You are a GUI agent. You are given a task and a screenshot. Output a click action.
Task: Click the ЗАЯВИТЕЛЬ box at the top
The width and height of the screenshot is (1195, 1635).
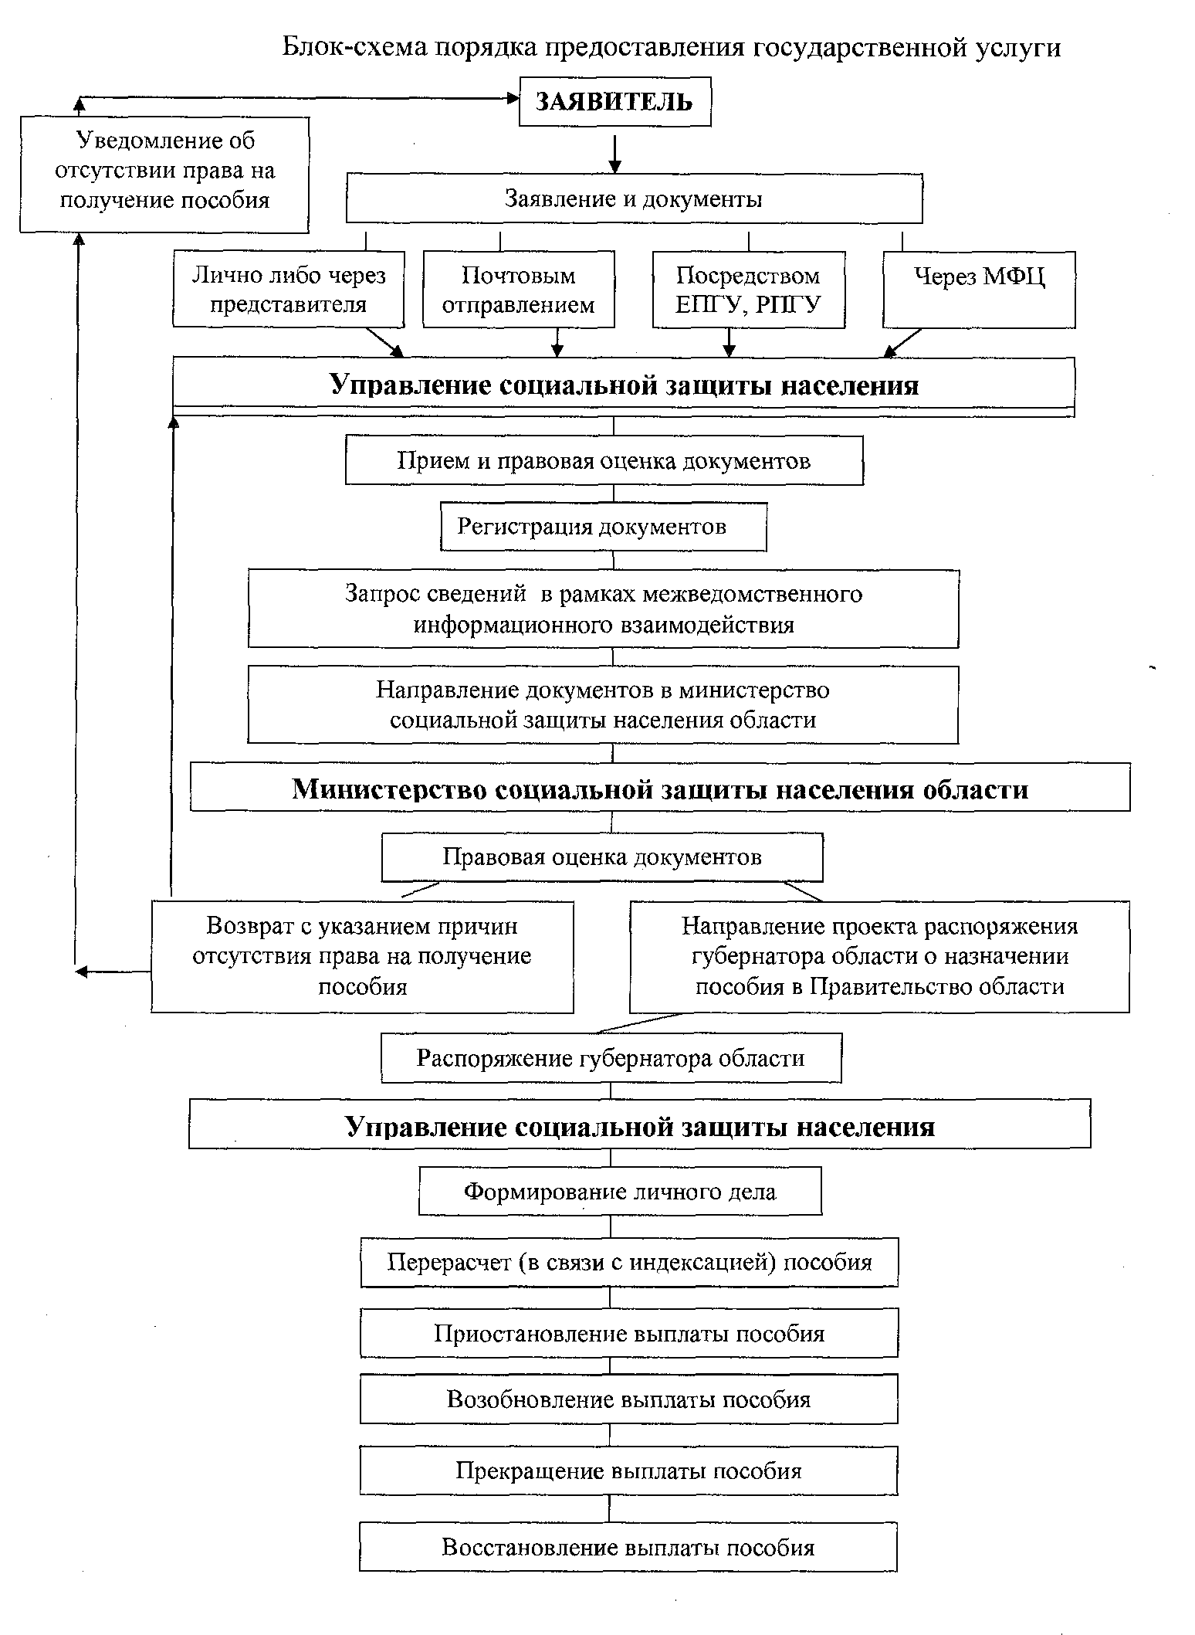click(x=614, y=101)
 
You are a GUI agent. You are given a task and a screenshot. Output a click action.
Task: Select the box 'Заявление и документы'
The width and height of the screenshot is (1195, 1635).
click(x=634, y=198)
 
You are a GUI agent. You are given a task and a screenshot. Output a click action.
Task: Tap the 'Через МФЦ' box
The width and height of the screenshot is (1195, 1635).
click(x=979, y=289)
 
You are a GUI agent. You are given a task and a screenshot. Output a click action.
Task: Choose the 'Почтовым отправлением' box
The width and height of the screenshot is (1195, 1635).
click(x=519, y=289)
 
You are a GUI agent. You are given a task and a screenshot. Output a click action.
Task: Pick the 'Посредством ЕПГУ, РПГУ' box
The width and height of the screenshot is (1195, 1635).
click(x=749, y=289)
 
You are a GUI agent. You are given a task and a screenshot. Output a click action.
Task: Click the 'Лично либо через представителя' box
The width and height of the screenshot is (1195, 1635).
click(x=289, y=289)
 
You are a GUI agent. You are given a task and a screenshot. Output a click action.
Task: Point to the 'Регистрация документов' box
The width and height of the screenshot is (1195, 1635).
click(x=604, y=527)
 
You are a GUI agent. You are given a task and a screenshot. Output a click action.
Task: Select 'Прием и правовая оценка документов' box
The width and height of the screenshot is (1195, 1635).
click(x=604, y=460)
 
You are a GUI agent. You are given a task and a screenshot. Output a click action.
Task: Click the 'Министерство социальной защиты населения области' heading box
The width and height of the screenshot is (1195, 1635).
click(x=660, y=788)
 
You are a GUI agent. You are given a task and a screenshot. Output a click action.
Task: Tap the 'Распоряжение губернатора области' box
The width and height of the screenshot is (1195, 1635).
click(x=611, y=1058)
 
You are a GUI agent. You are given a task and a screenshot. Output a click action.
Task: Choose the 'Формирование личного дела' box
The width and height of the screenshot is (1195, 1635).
click(x=620, y=1191)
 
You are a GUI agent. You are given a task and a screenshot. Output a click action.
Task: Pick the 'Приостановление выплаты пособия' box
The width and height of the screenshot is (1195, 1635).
click(x=629, y=1333)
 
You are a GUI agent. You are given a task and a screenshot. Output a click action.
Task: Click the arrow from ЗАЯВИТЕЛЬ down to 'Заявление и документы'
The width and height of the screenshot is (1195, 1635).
click(x=614, y=153)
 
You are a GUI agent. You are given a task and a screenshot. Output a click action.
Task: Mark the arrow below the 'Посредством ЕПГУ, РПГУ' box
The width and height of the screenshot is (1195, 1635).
click(x=730, y=342)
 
